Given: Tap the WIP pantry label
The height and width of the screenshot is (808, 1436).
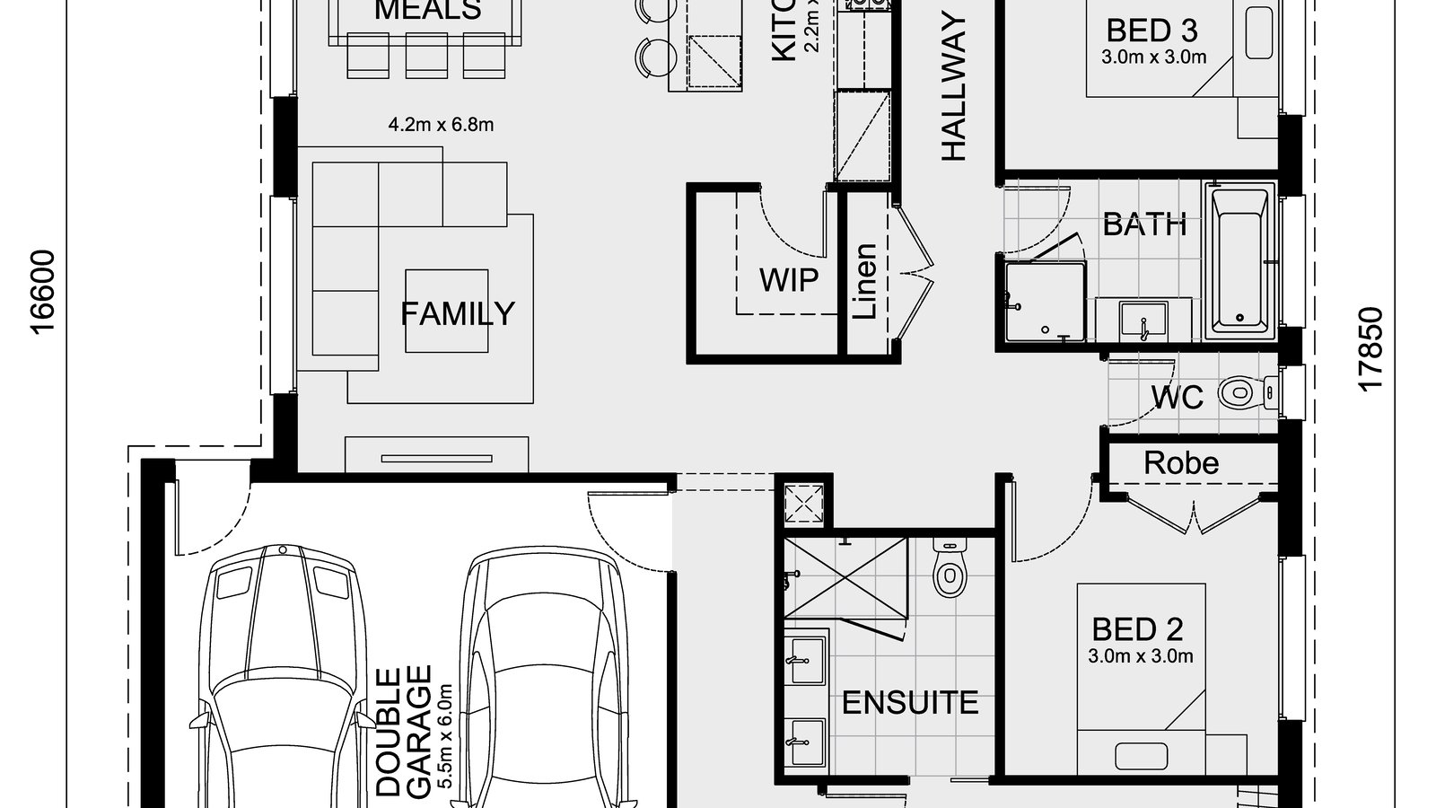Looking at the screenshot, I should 788,280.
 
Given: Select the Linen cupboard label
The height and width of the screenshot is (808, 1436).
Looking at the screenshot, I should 865,281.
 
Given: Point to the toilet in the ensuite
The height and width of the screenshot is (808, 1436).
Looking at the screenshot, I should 948,569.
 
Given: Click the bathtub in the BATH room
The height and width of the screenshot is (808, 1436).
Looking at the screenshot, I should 1239,260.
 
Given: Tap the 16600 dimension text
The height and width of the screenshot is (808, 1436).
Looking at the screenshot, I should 43,292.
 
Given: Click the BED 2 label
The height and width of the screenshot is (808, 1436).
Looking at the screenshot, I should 1137,628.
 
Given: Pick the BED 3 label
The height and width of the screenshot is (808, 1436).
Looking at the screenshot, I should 1151,31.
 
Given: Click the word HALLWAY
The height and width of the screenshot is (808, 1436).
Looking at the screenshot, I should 954,88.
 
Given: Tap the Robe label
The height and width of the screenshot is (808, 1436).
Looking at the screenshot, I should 1180,463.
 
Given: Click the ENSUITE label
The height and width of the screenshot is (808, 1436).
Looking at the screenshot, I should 909,703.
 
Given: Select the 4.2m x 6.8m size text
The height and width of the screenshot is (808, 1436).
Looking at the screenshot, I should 441,125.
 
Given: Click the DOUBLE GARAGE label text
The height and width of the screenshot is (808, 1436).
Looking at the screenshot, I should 405,732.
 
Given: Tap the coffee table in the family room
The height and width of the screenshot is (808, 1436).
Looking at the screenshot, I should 447,311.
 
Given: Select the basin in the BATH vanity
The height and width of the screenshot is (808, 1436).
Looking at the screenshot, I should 1143,321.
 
